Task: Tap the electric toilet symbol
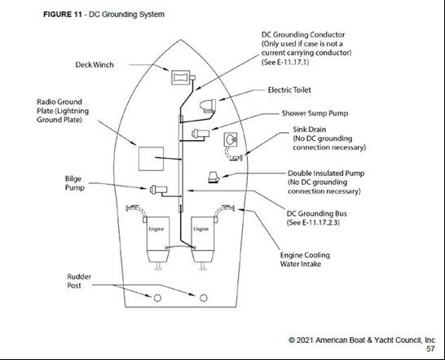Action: (x=209, y=106)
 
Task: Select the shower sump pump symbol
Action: (x=200, y=134)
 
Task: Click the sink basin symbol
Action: (x=231, y=139)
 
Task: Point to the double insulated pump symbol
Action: (x=214, y=177)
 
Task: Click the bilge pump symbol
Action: (x=158, y=190)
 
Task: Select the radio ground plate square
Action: (x=151, y=159)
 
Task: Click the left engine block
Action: (x=158, y=239)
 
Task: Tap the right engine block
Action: (x=203, y=239)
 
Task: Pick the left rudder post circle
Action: (x=157, y=298)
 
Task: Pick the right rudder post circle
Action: (x=204, y=298)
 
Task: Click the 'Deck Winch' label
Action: (x=95, y=64)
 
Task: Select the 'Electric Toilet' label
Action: (x=289, y=90)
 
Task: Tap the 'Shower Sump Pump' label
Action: (x=315, y=113)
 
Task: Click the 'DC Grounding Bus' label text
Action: (x=317, y=213)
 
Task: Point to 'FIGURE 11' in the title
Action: (x=63, y=15)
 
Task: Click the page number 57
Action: (x=430, y=349)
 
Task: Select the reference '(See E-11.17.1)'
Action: (x=285, y=62)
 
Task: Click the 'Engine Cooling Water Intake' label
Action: (x=305, y=260)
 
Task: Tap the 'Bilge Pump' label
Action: (x=75, y=183)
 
